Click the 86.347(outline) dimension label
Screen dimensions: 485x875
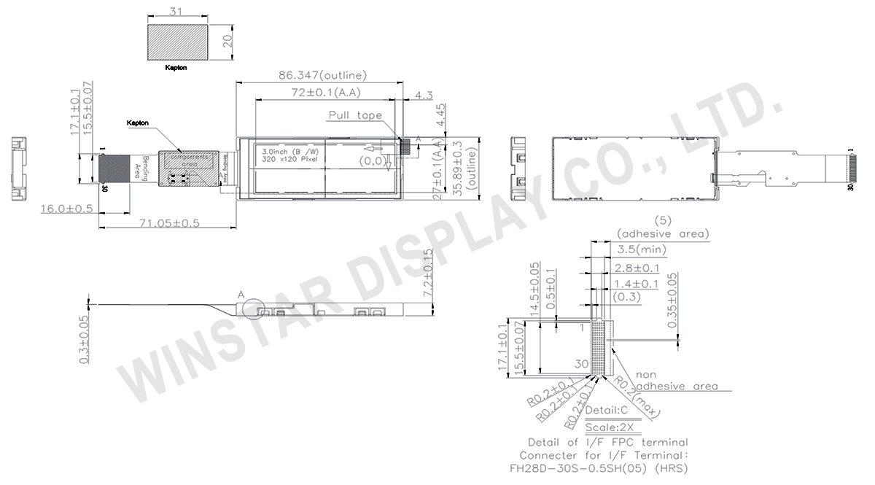point(322,75)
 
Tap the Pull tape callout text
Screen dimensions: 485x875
point(356,115)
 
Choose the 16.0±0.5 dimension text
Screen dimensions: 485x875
point(67,209)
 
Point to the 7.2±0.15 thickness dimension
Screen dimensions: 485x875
point(428,271)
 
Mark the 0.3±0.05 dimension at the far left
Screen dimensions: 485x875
point(85,340)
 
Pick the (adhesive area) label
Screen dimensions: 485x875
point(662,233)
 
